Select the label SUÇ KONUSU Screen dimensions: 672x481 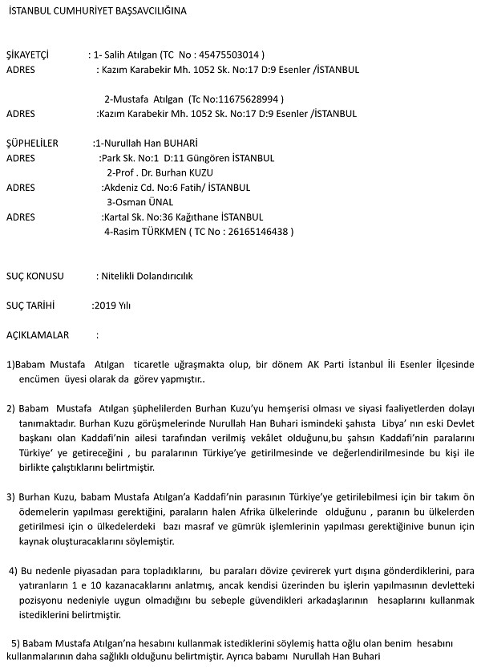click(x=34, y=276)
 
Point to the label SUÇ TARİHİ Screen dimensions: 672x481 click(x=30, y=306)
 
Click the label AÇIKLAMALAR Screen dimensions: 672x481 click(x=38, y=334)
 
